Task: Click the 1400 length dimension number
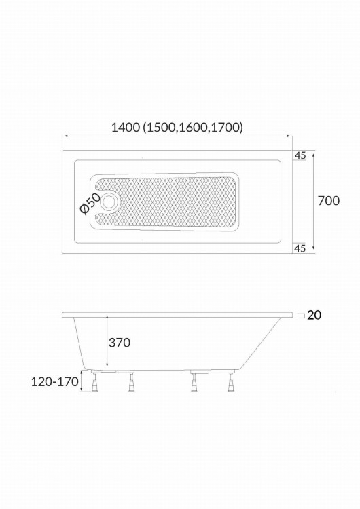click(x=126, y=128)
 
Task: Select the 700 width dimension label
click(x=329, y=201)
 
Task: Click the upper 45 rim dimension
click(x=300, y=156)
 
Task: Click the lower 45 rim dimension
click(x=300, y=248)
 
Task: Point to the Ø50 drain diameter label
click(x=89, y=204)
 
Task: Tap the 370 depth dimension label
click(x=120, y=343)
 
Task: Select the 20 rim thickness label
click(x=314, y=315)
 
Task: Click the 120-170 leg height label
click(x=55, y=381)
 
